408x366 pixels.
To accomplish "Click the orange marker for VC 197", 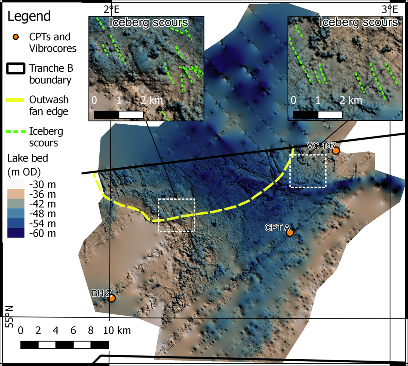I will pyautogui.click(x=336, y=150).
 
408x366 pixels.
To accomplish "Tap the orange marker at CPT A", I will pyautogui.click(x=290, y=233).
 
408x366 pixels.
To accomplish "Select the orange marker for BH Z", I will pyautogui.click(x=112, y=298).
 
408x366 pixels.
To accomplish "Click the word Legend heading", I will pyautogui.click(x=29, y=16).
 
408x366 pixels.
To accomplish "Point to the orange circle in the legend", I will pyautogui.click(x=16, y=37).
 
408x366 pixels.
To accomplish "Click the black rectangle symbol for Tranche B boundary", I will pyautogui.click(x=16, y=69).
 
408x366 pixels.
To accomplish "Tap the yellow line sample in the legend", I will pyautogui.click(x=15, y=100).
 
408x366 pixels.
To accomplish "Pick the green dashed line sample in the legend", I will pyautogui.click(x=16, y=132).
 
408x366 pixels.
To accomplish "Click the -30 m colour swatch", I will pyautogui.click(x=16, y=184).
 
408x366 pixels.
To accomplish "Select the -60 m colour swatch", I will pyautogui.click(x=16, y=233).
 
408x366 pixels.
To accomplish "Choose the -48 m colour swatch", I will pyautogui.click(x=16, y=214).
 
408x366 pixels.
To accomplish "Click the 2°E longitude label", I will pyautogui.click(x=112, y=9).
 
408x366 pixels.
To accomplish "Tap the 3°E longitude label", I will pyautogui.click(x=389, y=9).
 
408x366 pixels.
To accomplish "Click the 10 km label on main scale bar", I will pyautogui.click(x=117, y=330).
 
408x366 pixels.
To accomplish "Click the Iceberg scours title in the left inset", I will pyautogui.click(x=149, y=23).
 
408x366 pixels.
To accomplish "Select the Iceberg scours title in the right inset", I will pyautogui.click(x=359, y=22).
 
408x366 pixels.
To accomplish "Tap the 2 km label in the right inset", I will pyautogui.click(x=351, y=100).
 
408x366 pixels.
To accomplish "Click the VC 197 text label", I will pyautogui.click(x=321, y=146).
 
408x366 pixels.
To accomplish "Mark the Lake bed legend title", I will pyautogui.click(x=28, y=158).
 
